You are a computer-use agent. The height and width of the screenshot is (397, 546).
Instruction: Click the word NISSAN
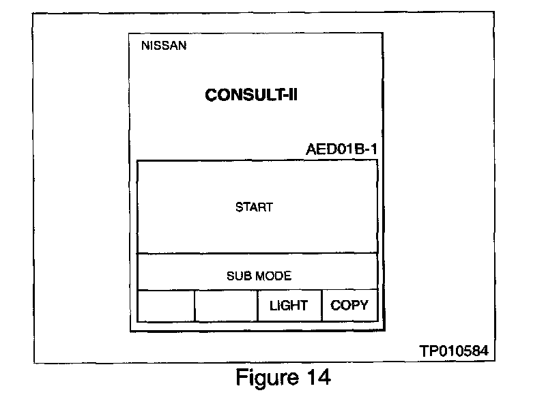[x=164, y=46]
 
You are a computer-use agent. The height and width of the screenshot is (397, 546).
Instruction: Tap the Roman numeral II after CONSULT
[x=292, y=95]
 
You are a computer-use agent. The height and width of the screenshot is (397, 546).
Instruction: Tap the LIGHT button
[x=289, y=306]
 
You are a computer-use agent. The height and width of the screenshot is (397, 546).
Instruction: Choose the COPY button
[x=349, y=306]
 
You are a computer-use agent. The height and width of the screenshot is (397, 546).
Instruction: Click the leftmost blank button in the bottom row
[x=166, y=306]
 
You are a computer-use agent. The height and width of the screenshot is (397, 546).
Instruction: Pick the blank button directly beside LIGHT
[x=226, y=306]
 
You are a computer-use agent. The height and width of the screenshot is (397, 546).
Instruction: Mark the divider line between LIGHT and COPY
[x=322, y=306]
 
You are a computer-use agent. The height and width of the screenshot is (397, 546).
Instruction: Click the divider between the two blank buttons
[x=195, y=306]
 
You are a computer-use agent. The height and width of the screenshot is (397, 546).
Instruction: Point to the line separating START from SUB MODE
[x=257, y=254]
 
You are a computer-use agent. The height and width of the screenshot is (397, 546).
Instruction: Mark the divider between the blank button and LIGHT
[x=257, y=306]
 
